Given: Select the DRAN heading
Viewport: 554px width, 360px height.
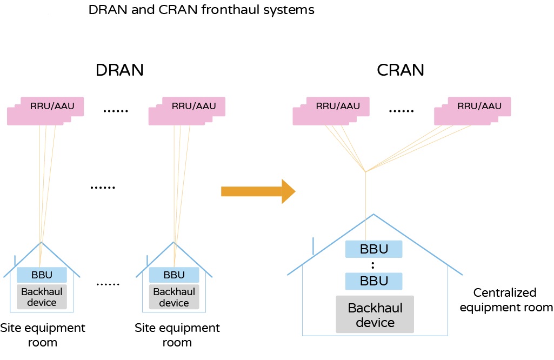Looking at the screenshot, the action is coord(120,70).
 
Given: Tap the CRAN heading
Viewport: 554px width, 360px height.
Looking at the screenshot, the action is coord(401,70).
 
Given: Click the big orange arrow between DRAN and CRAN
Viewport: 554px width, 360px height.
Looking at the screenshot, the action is coord(258,191).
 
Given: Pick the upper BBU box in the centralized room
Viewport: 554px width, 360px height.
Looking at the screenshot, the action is coord(374,249).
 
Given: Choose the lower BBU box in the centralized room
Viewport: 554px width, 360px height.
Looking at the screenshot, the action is coord(374,281).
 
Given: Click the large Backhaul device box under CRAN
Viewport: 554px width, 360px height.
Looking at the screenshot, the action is coord(375,315).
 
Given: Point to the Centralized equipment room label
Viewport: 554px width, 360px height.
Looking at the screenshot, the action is coord(506,300).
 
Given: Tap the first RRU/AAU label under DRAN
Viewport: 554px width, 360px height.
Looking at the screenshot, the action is coord(52,106).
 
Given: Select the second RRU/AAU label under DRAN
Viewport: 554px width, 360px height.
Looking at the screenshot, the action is coord(193,106).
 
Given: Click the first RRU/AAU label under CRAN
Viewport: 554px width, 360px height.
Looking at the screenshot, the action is coord(338,106).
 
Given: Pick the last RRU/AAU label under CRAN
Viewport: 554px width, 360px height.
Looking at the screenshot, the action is coord(479,106).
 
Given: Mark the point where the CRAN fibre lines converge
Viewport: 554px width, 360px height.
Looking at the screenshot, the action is coord(365,172).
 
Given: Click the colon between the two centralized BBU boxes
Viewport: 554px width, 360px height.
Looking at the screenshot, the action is coord(373,265).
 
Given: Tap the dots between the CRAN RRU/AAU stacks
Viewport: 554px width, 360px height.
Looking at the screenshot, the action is coord(401,111).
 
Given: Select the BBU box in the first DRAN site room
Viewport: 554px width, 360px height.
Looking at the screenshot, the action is coord(42,275).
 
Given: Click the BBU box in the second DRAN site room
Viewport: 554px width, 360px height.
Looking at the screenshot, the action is coord(174,275).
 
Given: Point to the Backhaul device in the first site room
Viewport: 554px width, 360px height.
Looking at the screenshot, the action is coord(42,297).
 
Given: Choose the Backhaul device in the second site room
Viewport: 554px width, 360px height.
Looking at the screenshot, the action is coord(174,297).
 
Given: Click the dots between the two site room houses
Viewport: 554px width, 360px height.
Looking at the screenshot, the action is coord(108,284).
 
